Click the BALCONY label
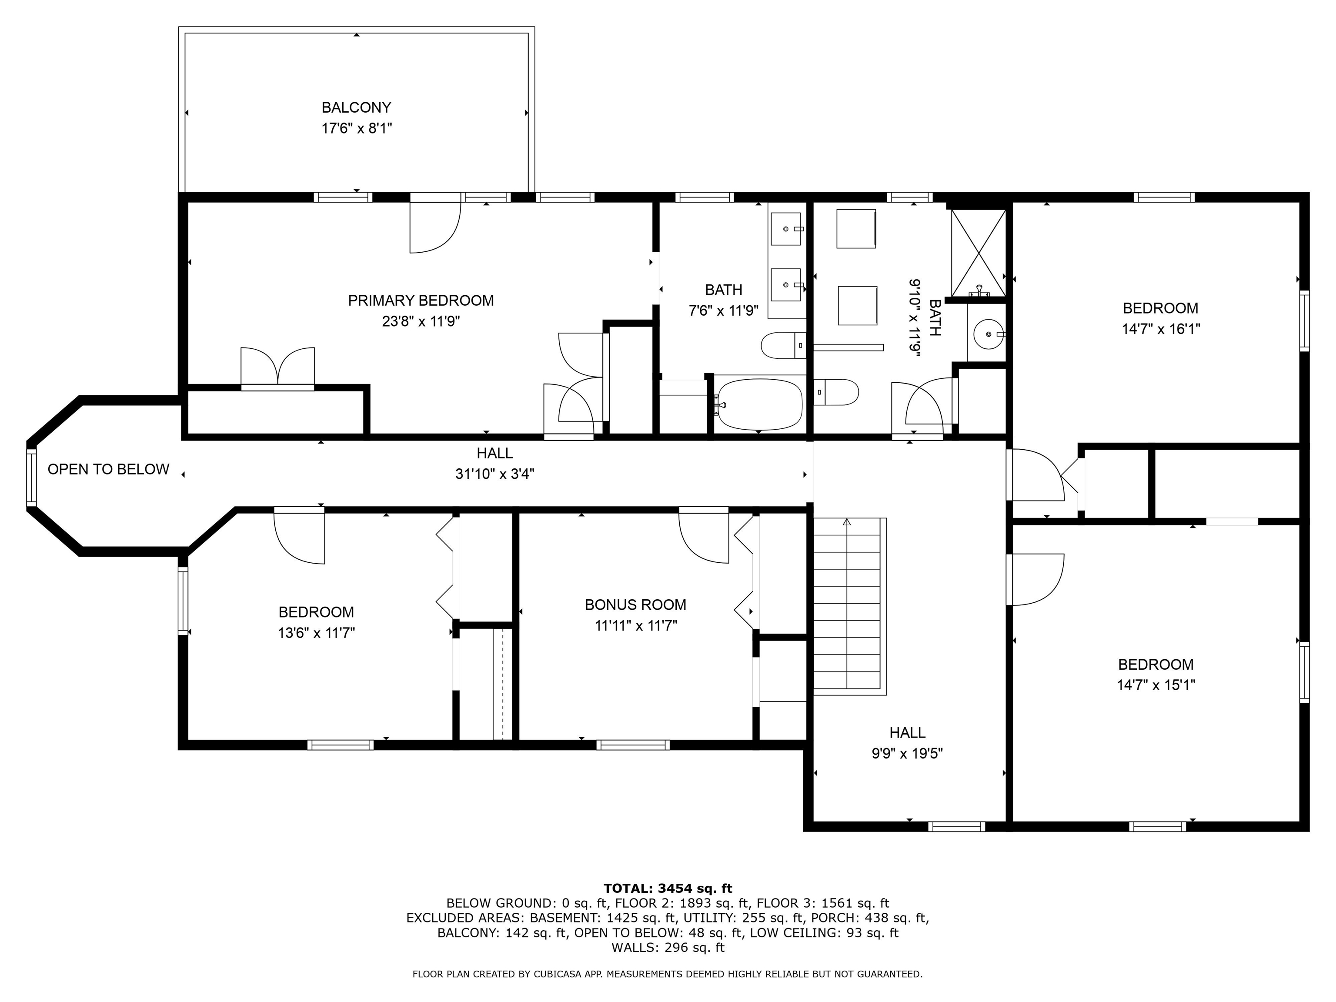[356, 107]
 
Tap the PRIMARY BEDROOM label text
[421, 300]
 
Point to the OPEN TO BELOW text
[108, 469]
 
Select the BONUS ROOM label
[635, 605]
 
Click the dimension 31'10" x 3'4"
[494, 474]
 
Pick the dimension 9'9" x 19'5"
[907, 753]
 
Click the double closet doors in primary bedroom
[278, 367]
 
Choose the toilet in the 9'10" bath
[836, 393]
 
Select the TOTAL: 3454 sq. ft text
[668, 888]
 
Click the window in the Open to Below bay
[31, 474]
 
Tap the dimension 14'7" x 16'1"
[1160, 329]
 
